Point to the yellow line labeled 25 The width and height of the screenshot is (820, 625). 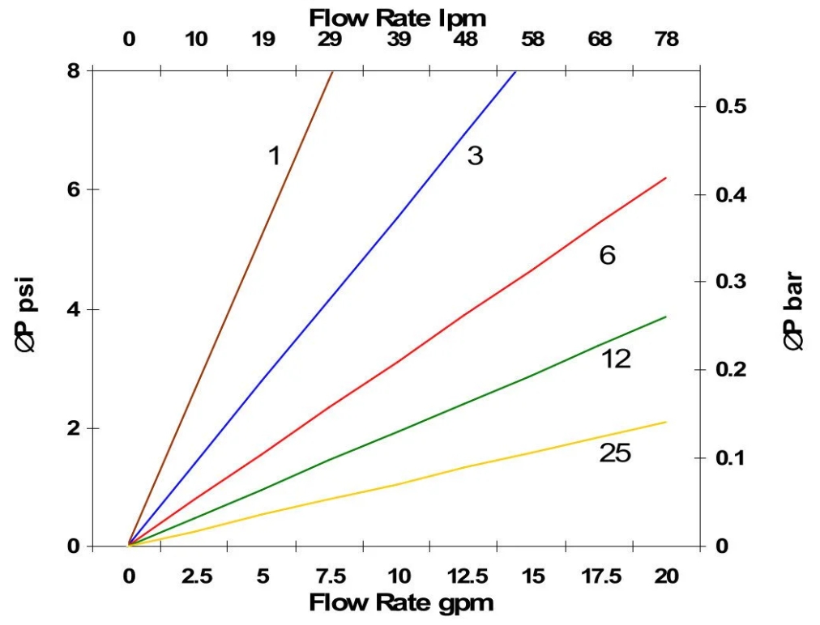pyautogui.click(x=486, y=462)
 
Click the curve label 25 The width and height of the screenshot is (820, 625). pyautogui.click(x=615, y=454)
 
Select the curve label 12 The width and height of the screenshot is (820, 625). pyautogui.click(x=616, y=359)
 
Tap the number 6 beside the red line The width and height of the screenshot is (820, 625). pyautogui.click(x=608, y=256)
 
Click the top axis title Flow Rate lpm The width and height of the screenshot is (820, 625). pyautogui.click(x=398, y=16)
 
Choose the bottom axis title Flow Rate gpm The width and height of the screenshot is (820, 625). pyautogui.click(x=401, y=603)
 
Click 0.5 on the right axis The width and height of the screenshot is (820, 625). pyautogui.click(x=731, y=106)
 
